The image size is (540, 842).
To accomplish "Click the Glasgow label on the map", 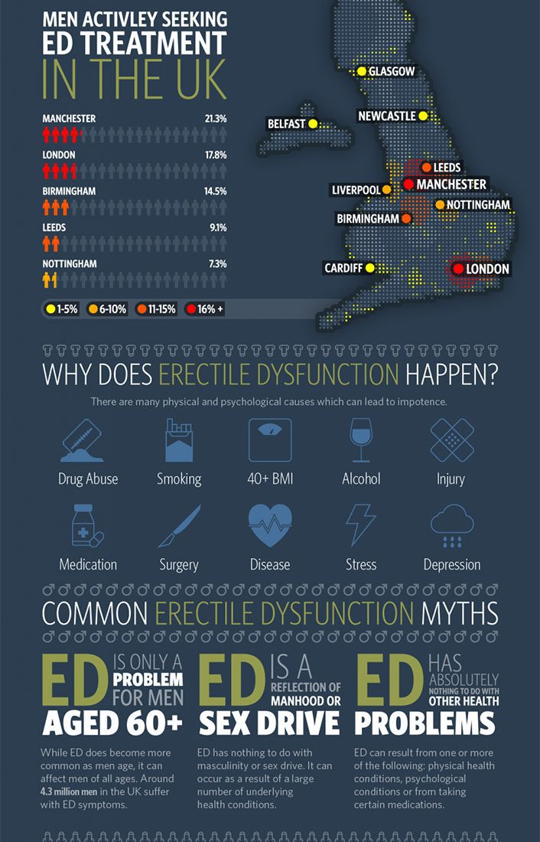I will tap(391, 71).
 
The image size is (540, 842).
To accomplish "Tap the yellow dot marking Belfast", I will tap(313, 123).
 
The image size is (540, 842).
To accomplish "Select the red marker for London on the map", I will tap(457, 269).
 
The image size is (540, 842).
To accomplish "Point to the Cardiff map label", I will tap(343, 268).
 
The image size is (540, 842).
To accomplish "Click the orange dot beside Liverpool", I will tap(386, 189).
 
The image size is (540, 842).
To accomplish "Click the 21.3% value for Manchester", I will tap(216, 119).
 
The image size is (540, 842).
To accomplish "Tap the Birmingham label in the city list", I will tap(70, 191).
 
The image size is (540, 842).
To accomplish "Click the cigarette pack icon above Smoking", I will tap(179, 440).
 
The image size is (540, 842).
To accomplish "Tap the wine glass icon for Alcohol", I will tap(361, 439).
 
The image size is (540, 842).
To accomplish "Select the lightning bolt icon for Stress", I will tap(361, 524).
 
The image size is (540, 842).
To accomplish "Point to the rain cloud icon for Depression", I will tap(452, 524).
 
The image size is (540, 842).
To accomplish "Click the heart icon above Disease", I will tap(270, 524).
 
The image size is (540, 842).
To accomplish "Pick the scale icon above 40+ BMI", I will tap(270, 439).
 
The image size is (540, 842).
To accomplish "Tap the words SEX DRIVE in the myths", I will tap(269, 722).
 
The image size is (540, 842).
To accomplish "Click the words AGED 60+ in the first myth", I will tap(112, 722).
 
